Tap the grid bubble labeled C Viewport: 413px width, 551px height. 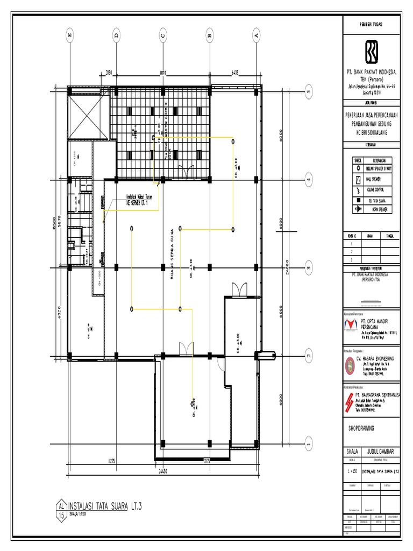point(162,36)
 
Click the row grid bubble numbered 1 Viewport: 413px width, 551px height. point(309,444)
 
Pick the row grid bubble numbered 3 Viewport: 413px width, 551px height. point(309,267)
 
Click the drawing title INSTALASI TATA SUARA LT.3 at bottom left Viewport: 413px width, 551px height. point(106,505)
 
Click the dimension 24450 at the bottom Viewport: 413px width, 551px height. point(162,470)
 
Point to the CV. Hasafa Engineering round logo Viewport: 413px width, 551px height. point(348,364)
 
